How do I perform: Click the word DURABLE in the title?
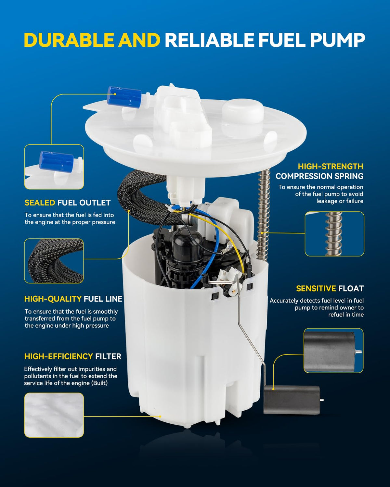pos(69,40)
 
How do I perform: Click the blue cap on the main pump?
pos(124,96)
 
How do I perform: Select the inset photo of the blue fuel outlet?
pos(54,167)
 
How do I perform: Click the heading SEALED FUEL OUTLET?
pos(68,203)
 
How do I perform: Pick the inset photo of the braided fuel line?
pos(54,261)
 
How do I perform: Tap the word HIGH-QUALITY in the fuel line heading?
pos(53,299)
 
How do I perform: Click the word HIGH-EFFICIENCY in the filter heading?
pos(58,356)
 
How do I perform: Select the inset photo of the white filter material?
pos(54,415)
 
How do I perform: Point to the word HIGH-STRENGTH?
pos(331,166)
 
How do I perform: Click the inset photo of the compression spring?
pos(334,234)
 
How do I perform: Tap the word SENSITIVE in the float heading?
pos(316,289)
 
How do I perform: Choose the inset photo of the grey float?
pos(333,351)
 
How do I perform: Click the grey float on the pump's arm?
pos(292,400)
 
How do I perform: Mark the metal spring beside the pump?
pos(264,215)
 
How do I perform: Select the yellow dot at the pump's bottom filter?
pos(160,416)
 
